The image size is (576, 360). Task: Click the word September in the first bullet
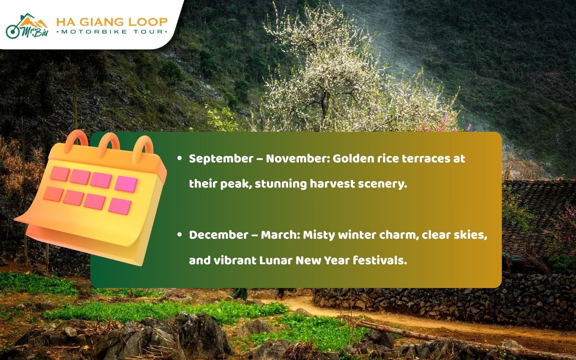tap(221, 159)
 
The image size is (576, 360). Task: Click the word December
tap(219, 235)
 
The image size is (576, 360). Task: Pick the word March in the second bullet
tap(280, 235)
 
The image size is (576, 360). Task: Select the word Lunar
tap(276, 261)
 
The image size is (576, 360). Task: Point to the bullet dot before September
tap(180, 158)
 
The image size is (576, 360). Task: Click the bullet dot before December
tap(180, 234)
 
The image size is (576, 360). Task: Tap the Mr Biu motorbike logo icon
tap(27, 26)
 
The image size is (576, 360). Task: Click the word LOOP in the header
tap(148, 22)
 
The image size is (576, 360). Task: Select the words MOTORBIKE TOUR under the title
tap(112, 32)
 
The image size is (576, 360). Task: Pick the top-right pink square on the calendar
tap(126, 184)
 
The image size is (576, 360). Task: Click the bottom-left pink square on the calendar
tap(53, 194)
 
